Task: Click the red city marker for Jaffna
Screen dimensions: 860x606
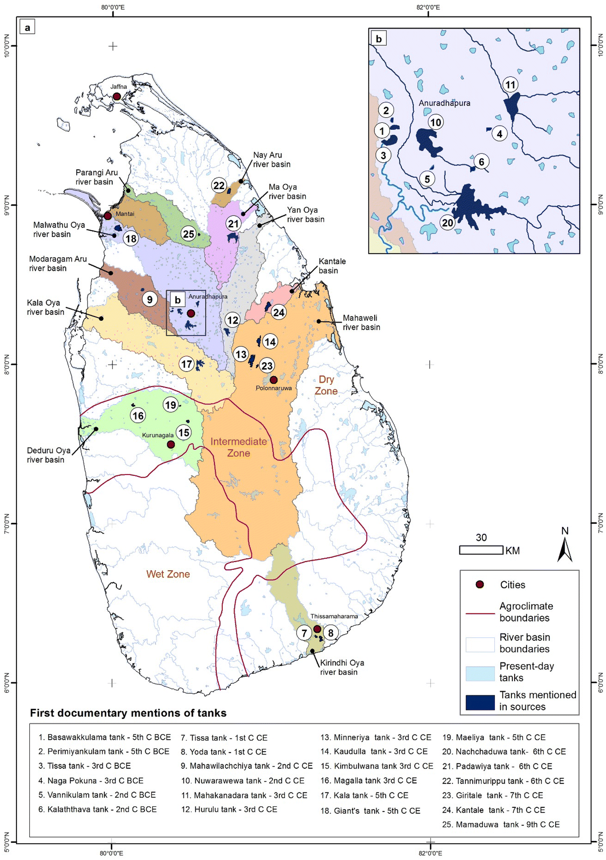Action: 117,96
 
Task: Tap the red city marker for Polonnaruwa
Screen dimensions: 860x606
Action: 273,380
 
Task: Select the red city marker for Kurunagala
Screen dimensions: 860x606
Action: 171,444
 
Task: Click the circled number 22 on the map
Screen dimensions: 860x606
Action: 219,185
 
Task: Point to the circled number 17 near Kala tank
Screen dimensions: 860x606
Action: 186,364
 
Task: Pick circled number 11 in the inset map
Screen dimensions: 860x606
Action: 510,84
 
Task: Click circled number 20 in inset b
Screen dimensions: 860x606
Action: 447,222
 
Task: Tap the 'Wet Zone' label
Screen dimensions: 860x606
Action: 168,574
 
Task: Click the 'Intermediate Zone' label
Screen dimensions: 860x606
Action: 238,447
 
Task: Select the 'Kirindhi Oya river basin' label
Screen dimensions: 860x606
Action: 342,667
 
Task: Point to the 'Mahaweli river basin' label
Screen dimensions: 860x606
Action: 361,322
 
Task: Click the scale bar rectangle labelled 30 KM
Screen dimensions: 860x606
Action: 481,550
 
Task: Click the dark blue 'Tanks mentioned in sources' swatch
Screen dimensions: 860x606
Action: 480,702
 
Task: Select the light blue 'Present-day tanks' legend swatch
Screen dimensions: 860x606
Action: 480,673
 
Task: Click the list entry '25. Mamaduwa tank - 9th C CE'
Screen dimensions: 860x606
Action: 500,824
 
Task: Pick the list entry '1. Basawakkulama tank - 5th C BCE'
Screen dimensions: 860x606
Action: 104,737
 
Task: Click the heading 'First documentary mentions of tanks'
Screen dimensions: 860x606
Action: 128,713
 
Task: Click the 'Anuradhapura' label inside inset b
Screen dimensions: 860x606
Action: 444,103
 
